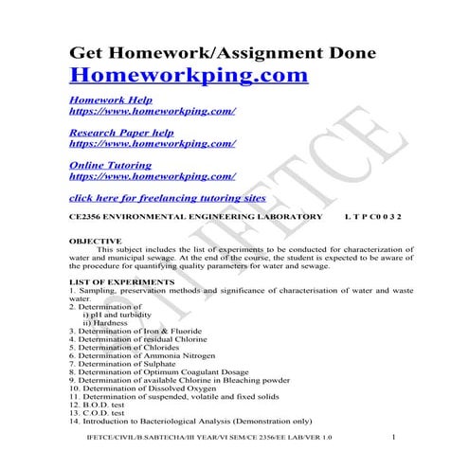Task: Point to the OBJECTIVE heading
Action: pos(96,242)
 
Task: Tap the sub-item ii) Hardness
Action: pos(110,322)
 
